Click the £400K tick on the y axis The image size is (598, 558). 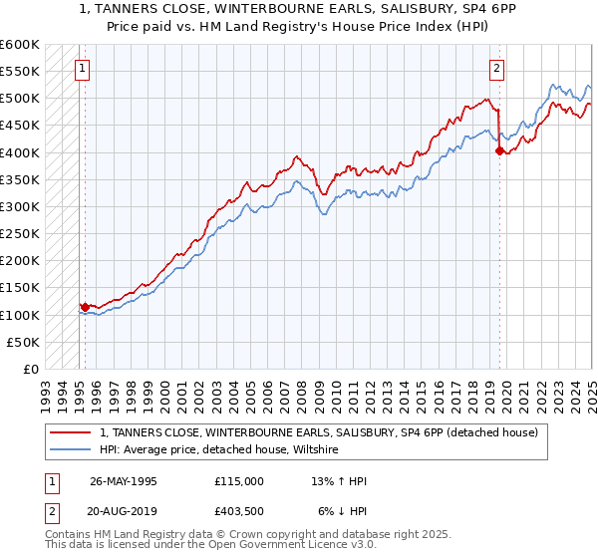click(x=19, y=152)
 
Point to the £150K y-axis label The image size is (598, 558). click(x=19, y=288)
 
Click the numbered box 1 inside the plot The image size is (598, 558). click(x=80, y=69)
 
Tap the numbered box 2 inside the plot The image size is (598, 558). click(x=496, y=69)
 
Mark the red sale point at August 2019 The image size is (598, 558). click(x=499, y=151)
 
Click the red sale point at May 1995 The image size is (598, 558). click(x=85, y=307)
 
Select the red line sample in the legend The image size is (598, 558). click(x=72, y=432)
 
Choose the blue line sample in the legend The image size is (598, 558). click(x=72, y=450)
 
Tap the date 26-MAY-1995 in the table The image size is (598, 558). click(x=124, y=481)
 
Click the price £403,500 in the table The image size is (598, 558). click(x=238, y=510)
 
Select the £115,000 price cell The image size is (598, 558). click(x=238, y=481)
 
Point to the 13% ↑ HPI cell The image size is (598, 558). click(x=339, y=481)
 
